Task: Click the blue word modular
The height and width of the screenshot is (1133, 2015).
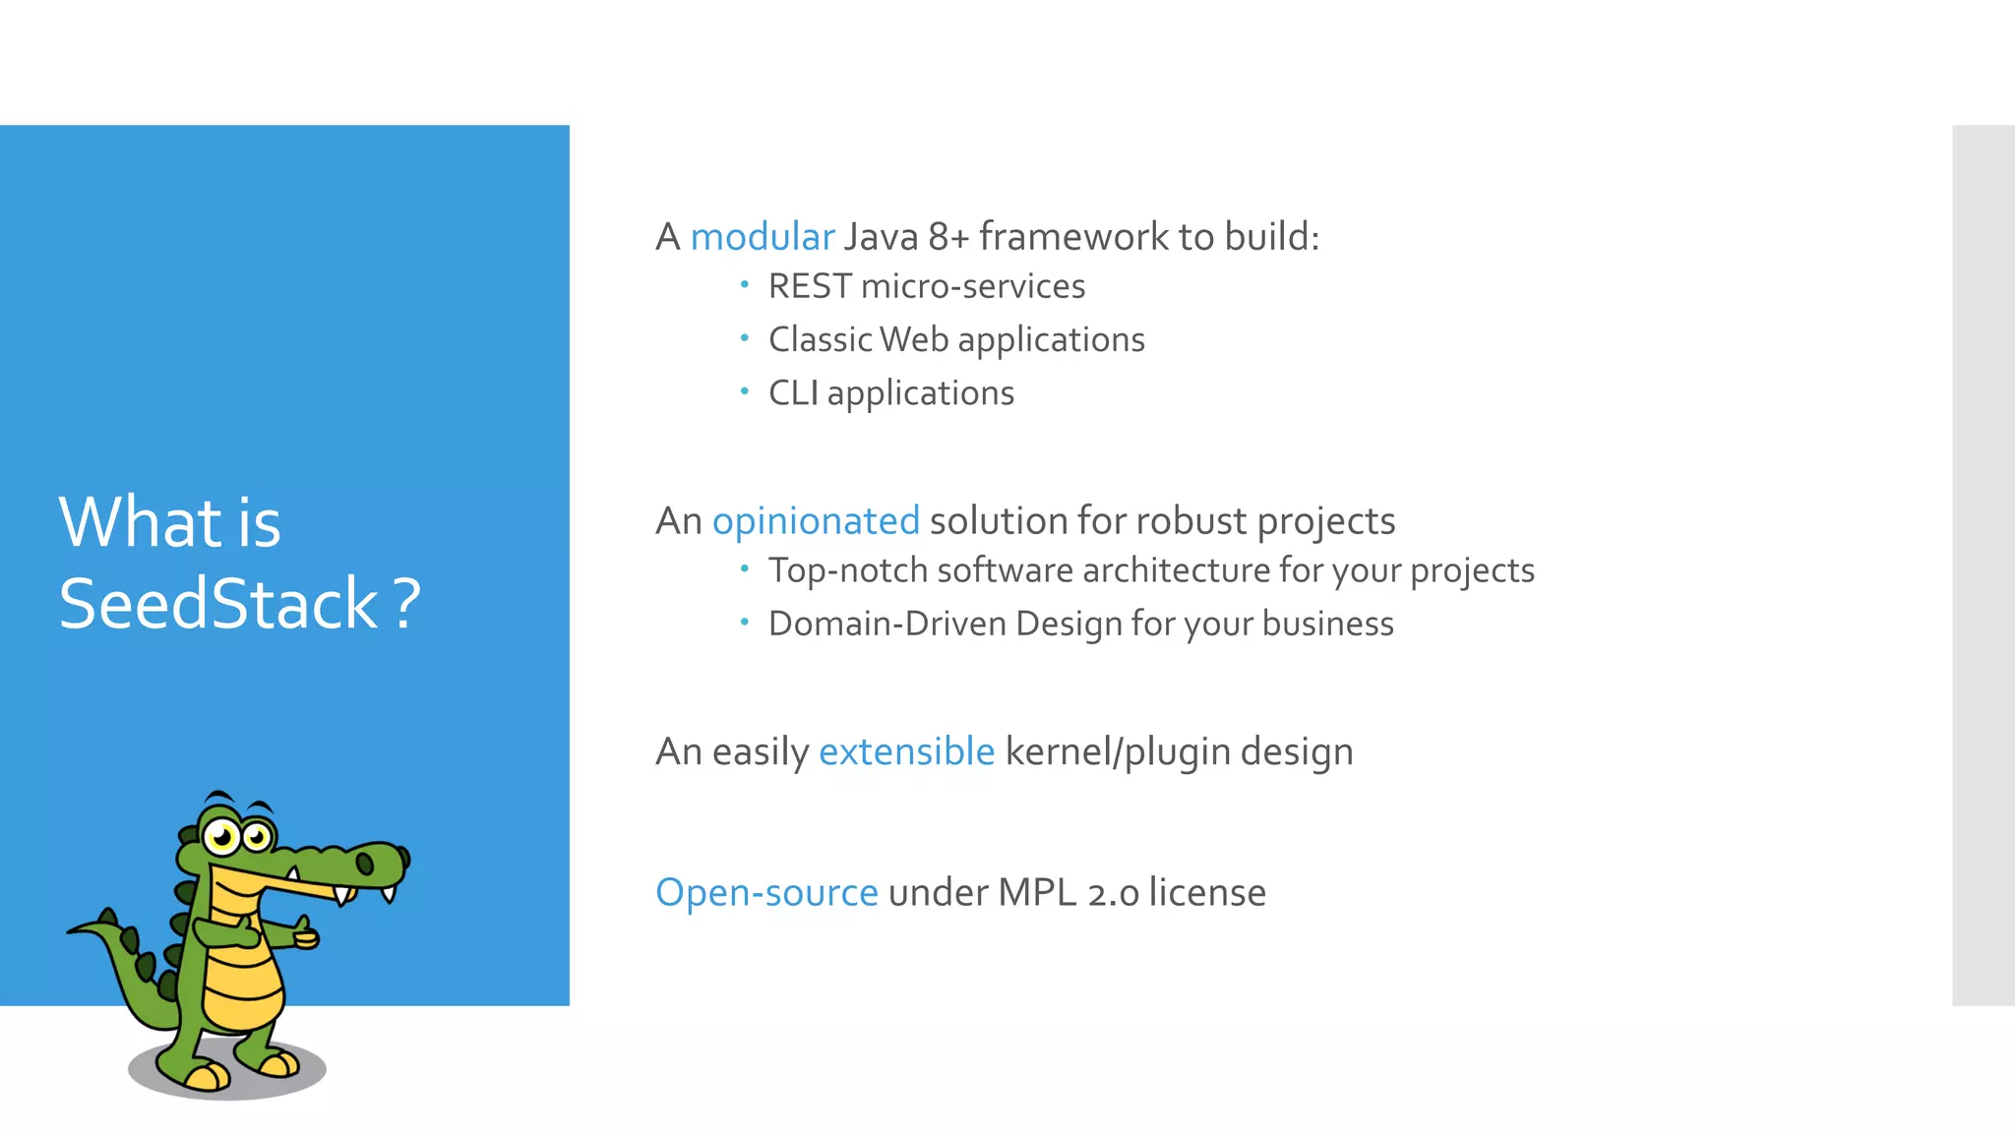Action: click(x=762, y=237)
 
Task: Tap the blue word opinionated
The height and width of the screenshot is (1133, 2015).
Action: click(x=816, y=521)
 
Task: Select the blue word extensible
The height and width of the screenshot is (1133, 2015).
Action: click(x=906, y=751)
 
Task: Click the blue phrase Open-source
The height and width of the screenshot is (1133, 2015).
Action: click(x=766, y=892)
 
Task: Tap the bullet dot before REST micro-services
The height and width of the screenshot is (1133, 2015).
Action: click(x=745, y=285)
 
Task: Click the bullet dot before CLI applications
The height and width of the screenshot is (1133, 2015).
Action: click(x=745, y=391)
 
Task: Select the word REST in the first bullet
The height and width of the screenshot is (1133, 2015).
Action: click(x=809, y=286)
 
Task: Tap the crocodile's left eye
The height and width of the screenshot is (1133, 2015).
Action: click(x=222, y=837)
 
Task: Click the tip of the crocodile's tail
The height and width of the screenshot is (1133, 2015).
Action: click(x=71, y=930)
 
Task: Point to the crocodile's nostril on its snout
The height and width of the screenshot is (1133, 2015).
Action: click(x=365, y=864)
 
